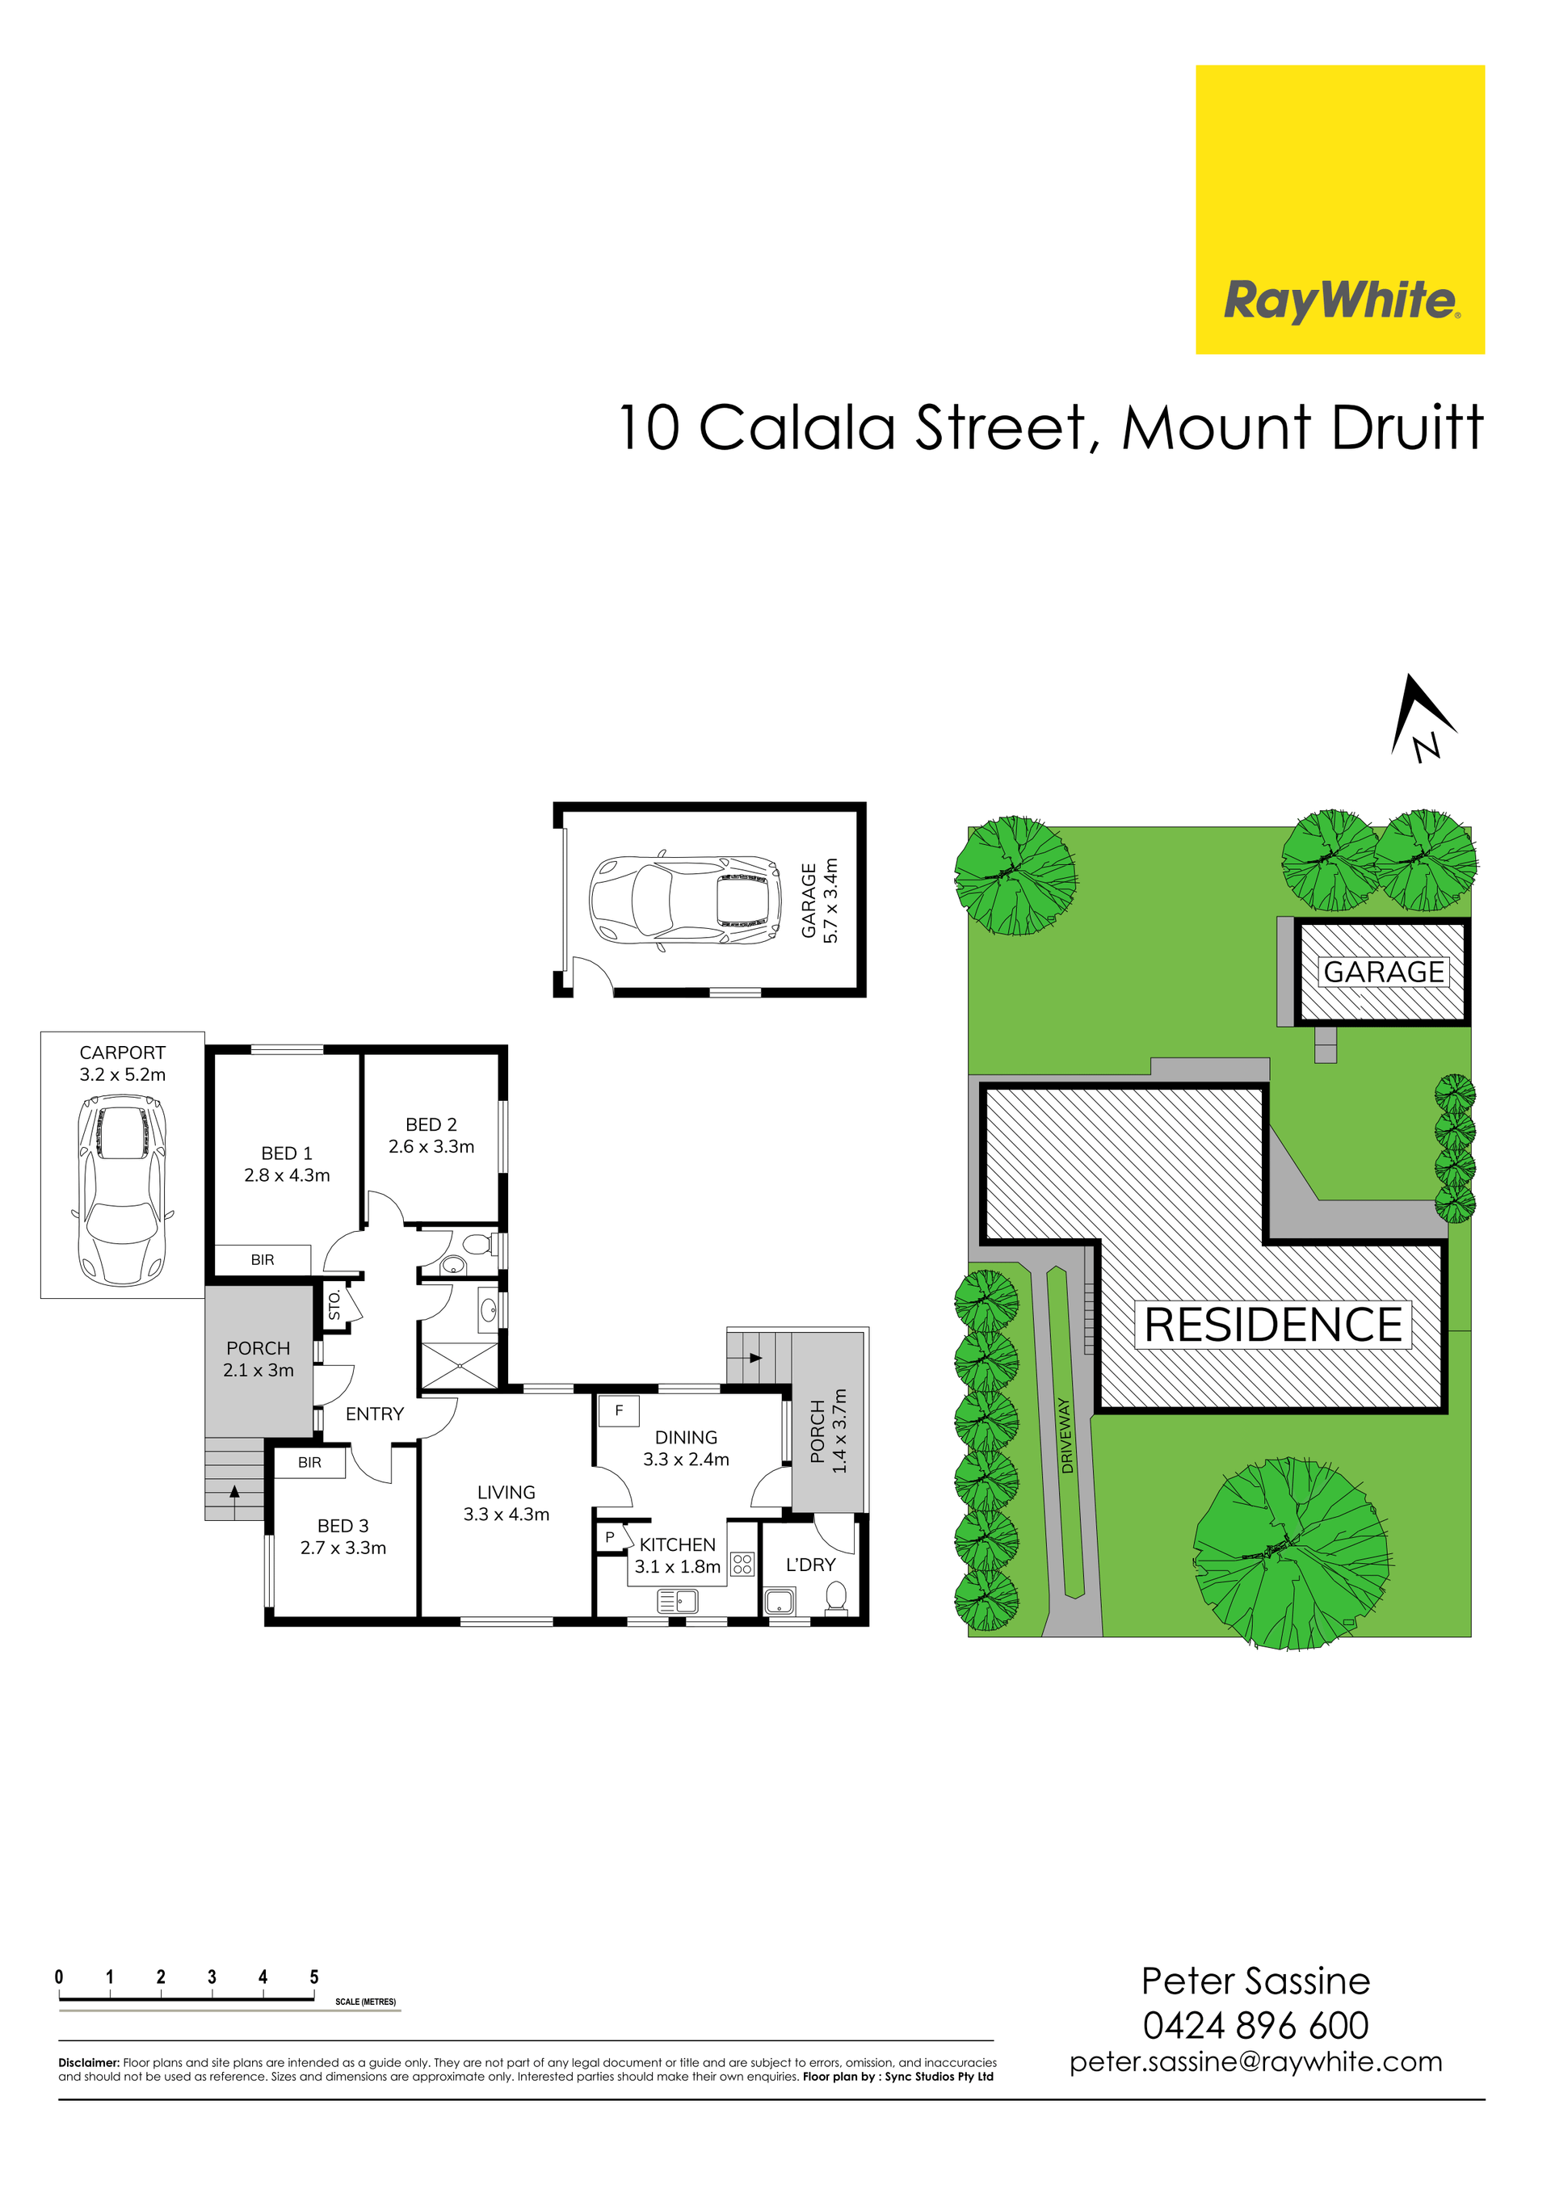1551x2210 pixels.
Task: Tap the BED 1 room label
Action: point(287,1153)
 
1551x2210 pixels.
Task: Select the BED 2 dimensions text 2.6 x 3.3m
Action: point(431,1146)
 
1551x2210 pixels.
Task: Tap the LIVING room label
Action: point(506,1492)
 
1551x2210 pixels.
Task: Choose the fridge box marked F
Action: point(619,1411)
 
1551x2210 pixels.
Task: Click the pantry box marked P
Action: point(609,1538)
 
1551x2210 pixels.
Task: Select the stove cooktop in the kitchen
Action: point(742,1564)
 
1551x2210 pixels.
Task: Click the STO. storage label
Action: point(334,1305)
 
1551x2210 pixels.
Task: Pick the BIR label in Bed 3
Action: point(310,1462)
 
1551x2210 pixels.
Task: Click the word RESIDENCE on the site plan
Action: point(1274,1326)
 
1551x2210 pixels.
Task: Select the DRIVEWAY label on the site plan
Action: point(1066,1436)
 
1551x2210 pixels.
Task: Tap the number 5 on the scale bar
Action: point(314,1977)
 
